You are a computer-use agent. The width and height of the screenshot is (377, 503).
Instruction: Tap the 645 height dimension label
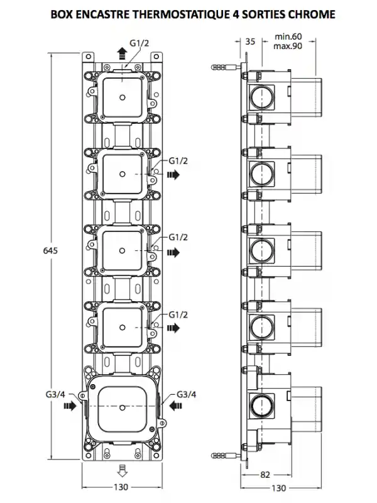pos(50,250)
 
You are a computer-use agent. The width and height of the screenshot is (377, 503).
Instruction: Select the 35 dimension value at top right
pos(250,41)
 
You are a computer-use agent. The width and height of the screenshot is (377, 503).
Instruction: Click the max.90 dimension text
pos(288,46)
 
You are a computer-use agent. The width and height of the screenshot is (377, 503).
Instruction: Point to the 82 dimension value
pos(265,475)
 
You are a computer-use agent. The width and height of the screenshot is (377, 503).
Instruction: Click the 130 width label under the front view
pos(121,487)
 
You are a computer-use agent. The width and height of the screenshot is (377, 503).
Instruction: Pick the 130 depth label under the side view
pos(278,489)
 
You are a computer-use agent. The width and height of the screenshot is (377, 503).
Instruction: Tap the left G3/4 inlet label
pos(55,394)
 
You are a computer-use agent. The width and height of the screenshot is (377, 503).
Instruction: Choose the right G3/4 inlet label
pos(186,394)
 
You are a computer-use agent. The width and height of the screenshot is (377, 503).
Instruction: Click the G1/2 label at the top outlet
pos(139,43)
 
